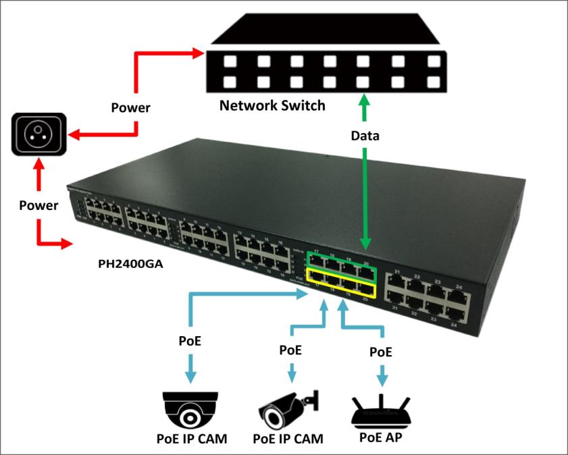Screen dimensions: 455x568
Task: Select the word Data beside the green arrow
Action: pyautogui.click(x=365, y=136)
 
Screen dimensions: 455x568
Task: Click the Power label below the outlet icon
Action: pyautogui.click(x=38, y=205)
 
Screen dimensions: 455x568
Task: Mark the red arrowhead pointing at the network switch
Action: pyautogui.click(x=199, y=52)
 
